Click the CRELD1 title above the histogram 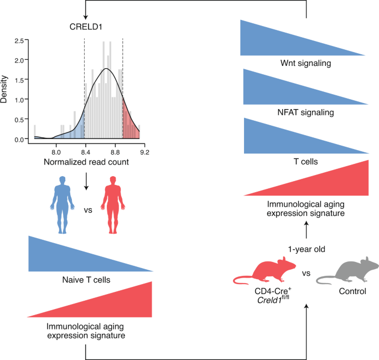click(86, 27)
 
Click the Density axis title click(6, 90)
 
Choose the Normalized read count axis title click(86, 162)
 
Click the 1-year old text click(306, 249)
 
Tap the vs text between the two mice click(306, 274)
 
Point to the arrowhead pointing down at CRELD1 click(86, 14)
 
